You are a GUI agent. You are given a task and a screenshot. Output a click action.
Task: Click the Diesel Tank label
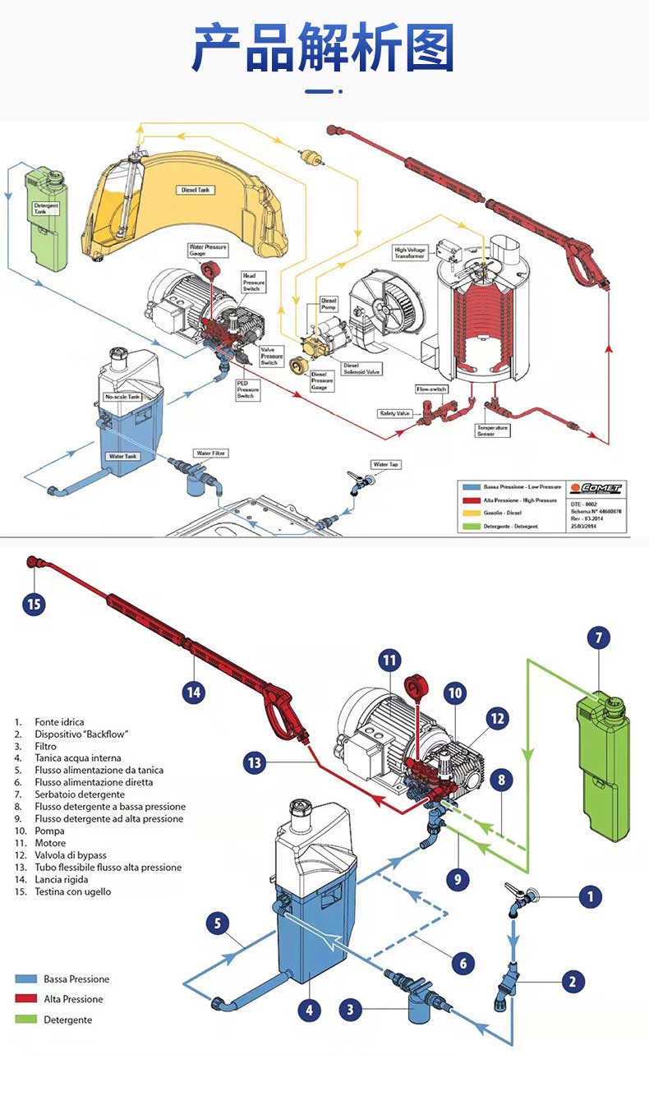(x=196, y=190)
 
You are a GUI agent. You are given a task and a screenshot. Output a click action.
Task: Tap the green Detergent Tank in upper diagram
(x=47, y=222)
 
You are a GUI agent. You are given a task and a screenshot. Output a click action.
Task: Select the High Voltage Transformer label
(x=410, y=253)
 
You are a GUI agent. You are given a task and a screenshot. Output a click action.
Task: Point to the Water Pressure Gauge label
(x=207, y=250)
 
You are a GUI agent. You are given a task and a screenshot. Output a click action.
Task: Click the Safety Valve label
(x=394, y=413)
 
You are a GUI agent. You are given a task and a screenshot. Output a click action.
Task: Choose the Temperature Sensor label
(x=492, y=430)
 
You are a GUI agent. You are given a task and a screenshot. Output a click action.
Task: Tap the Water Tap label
(x=386, y=465)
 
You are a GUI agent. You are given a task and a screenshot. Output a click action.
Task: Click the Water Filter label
(x=211, y=453)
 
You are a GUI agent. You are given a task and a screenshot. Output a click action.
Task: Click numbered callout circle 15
(x=34, y=604)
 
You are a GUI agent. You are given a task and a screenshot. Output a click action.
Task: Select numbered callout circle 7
(x=598, y=638)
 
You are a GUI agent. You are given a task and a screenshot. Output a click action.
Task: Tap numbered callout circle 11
(x=389, y=660)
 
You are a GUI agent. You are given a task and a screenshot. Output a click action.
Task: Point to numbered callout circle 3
(x=351, y=1010)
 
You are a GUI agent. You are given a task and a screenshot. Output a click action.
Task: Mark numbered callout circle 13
(x=255, y=763)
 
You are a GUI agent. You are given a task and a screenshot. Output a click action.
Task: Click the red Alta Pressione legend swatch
(x=26, y=999)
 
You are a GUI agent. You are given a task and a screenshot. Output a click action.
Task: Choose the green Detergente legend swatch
(x=26, y=1020)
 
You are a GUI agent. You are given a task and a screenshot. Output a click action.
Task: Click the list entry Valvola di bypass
(x=71, y=855)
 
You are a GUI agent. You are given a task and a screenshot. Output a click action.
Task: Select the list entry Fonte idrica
(x=59, y=721)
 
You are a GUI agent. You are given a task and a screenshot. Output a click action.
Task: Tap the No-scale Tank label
(x=122, y=397)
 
